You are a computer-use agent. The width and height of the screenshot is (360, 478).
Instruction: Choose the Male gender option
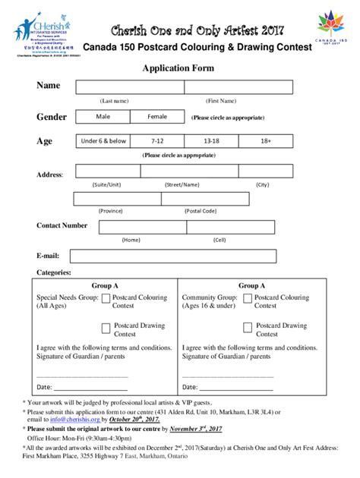pyautogui.click(x=103, y=117)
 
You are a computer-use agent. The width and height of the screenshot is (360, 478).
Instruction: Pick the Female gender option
pyautogui.click(x=157, y=117)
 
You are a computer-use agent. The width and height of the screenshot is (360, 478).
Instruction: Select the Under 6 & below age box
pyautogui.click(x=105, y=141)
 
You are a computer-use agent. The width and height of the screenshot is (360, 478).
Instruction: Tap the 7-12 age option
pyautogui.click(x=157, y=141)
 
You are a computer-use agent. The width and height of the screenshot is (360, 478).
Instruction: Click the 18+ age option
pyautogui.click(x=265, y=141)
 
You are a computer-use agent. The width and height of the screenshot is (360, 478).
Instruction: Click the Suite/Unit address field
pyautogui.click(x=106, y=174)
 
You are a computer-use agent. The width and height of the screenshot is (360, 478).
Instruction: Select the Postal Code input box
pyautogui.click(x=201, y=199)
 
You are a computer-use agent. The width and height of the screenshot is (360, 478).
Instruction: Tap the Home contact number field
pyautogui.click(x=131, y=227)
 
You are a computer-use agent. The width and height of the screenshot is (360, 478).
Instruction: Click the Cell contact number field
pyautogui.click(x=219, y=227)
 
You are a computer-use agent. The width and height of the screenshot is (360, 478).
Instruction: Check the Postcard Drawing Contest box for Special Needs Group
pyautogui.click(x=106, y=328)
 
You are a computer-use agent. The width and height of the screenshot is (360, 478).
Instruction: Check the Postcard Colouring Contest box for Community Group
pyautogui.click(x=247, y=300)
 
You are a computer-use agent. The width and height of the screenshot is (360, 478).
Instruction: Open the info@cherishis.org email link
pyautogui.click(x=54, y=419)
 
